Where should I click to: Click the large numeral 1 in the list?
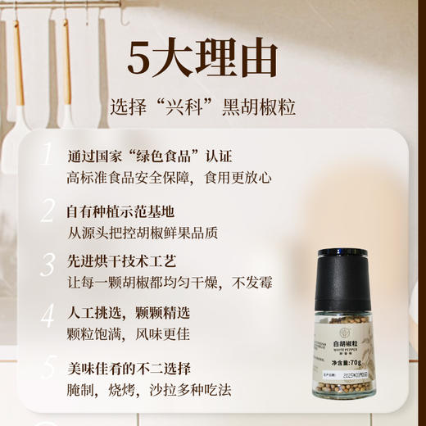coord(48,156)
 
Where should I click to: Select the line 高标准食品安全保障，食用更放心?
coord(169,178)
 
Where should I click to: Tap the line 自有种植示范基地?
coord(120,211)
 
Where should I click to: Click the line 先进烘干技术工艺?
coord(120,262)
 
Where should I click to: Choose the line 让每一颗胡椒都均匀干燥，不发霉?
coord(169,283)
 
